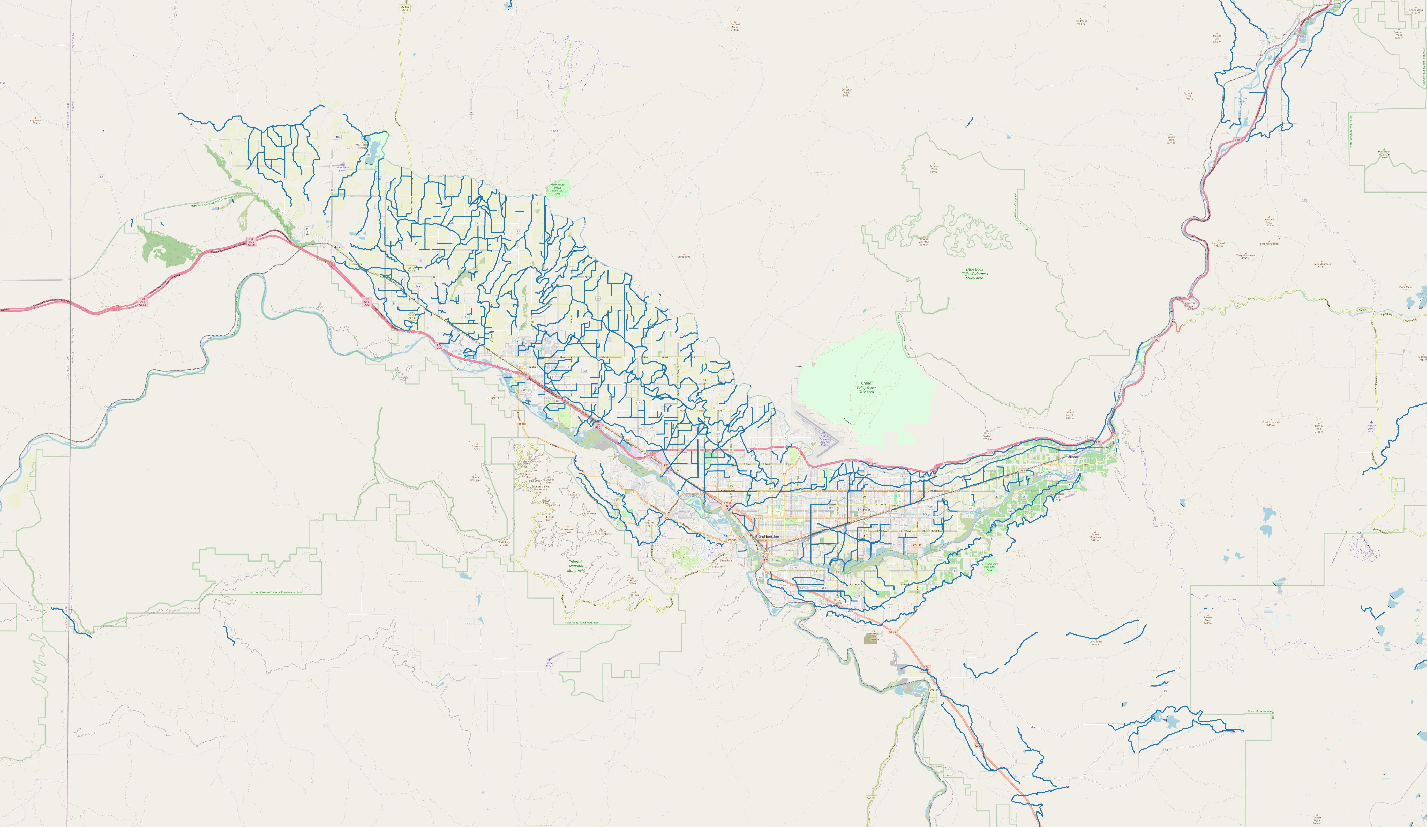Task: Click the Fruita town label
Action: [x=531, y=367]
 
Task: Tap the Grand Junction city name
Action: [x=767, y=536]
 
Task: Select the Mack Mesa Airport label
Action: [x=343, y=168]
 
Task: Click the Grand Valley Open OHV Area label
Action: [x=866, y=387]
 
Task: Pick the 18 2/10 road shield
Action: [x=553, y=131]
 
